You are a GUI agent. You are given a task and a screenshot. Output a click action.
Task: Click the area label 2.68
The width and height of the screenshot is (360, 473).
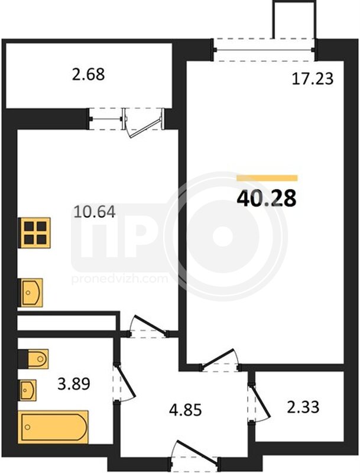click(88, 74)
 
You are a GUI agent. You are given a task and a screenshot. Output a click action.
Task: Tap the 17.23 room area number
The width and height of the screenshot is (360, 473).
click(313, 79)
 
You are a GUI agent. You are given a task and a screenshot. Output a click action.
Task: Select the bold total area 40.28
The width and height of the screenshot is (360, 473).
click(267, 199)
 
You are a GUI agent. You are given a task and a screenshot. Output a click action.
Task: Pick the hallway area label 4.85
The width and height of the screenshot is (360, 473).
click(185, 410)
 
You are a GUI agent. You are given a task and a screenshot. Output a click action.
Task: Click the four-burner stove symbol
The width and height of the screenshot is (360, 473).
click(35, 232)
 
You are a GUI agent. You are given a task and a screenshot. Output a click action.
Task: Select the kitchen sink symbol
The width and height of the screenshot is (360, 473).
click(31, 293)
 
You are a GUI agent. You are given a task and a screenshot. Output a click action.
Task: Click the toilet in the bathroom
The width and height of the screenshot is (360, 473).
click(34, 358)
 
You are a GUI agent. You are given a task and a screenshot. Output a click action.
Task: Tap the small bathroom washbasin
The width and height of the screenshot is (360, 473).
click(27, 390)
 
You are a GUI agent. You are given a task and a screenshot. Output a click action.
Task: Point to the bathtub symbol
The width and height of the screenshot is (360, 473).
click(53, 427)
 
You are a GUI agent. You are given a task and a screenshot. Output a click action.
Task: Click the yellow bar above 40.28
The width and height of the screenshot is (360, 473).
click(267, 178)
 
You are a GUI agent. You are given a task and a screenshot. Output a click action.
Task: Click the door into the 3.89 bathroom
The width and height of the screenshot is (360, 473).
click(124, 382)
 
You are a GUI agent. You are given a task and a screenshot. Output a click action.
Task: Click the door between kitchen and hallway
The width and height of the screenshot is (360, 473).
click(148, 327)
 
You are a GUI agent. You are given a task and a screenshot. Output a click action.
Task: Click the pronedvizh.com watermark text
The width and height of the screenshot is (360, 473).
click(119, 278)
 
